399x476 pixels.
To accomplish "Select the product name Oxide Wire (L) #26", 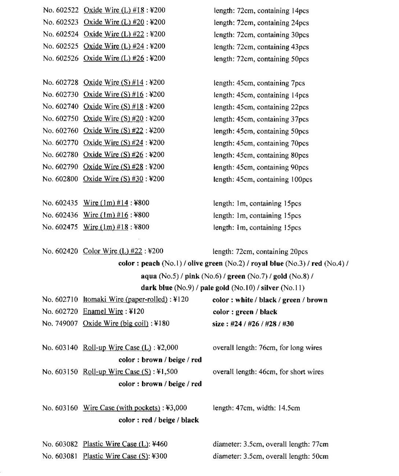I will coord(114,58).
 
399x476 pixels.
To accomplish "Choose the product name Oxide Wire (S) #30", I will coord(113,179).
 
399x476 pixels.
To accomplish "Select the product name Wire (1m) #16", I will coord(106,215).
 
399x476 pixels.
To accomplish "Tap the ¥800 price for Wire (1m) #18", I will coord(142,227).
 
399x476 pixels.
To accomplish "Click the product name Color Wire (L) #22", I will coord(112,251).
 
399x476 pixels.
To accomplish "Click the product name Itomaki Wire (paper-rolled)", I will coord(125,299).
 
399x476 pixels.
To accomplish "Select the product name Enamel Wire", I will coord(103,312).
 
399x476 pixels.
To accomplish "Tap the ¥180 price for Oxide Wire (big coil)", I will coord(162,324).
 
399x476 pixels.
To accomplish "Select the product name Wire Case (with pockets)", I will coord(121,408).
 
